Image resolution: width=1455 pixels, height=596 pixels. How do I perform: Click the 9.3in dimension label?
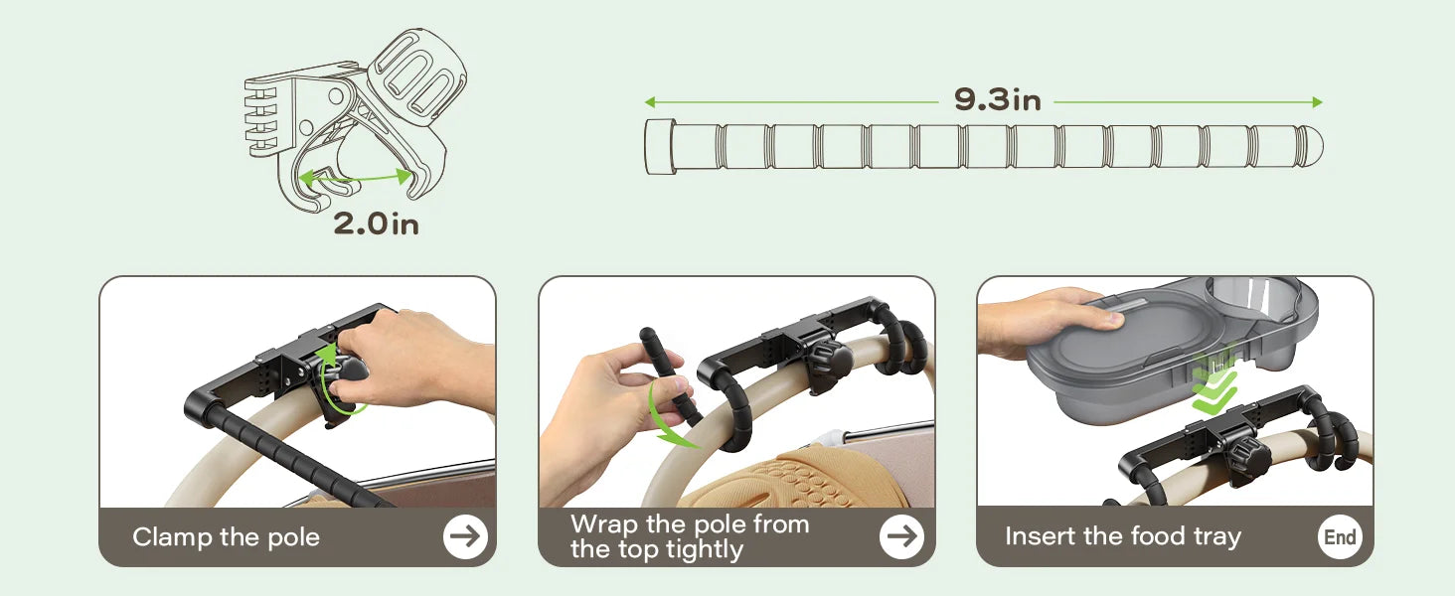click(997, 100)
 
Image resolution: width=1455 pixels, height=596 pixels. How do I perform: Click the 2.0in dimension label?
click(376, 223)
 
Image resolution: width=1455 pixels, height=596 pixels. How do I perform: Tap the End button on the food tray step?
click(1340, 537)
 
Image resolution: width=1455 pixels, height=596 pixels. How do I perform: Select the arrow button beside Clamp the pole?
click(465, 537)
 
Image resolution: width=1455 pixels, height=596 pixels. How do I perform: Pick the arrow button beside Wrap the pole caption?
click(901, 537)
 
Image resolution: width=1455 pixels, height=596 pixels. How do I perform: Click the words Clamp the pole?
click(226, 537)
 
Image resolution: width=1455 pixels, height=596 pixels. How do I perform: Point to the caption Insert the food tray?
click(1123, 537)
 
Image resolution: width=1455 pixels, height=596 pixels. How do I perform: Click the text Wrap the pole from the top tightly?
click(690, 537)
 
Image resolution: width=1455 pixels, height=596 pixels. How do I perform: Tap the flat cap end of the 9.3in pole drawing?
click(660, 147)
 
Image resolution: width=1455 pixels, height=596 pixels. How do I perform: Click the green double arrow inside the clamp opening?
click(355, 177)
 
